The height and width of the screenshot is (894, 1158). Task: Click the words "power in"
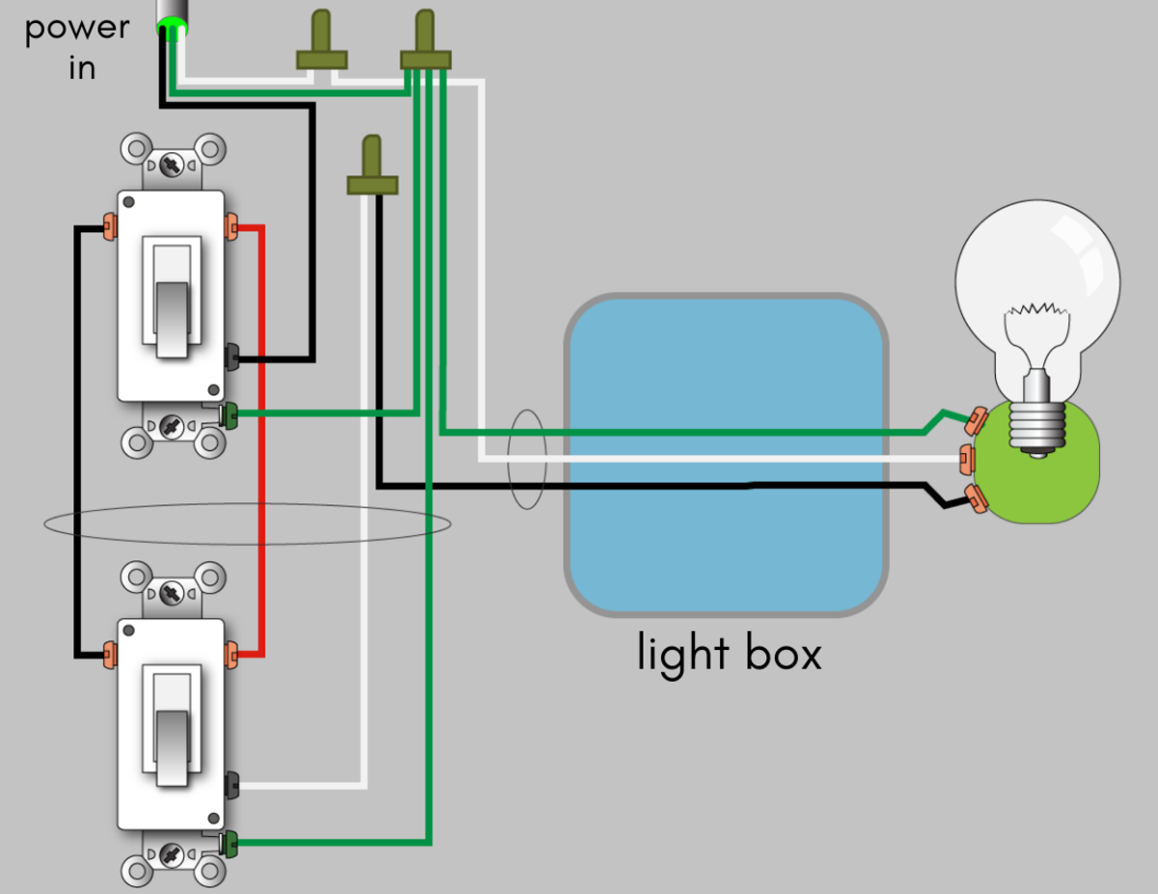(76, 45)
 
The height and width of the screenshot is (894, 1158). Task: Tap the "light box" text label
(729, 653)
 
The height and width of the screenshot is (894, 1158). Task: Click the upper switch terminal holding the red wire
(231, 228)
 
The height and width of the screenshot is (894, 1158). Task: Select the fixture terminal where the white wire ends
(966, 460)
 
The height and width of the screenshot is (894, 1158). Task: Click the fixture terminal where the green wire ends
(976, 420)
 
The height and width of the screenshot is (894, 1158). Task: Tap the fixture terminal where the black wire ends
(976, 499)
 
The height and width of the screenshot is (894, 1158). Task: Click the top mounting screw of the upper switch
(173, 162)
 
